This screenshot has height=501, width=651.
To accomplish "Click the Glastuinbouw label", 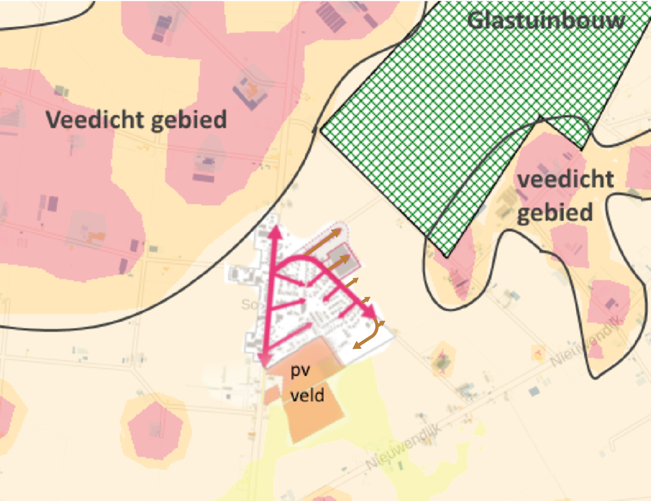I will (546, 21).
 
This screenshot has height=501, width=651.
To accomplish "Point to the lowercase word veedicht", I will (566, 179).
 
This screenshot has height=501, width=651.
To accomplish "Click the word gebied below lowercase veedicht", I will (555, 213).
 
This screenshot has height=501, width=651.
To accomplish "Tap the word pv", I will (300, 371).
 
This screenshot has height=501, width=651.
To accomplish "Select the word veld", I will (307, 395).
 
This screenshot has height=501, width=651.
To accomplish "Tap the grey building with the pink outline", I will (343, 259).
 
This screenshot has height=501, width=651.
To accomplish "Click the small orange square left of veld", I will (272, 394).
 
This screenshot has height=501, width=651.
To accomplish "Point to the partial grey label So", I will (249, 304).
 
